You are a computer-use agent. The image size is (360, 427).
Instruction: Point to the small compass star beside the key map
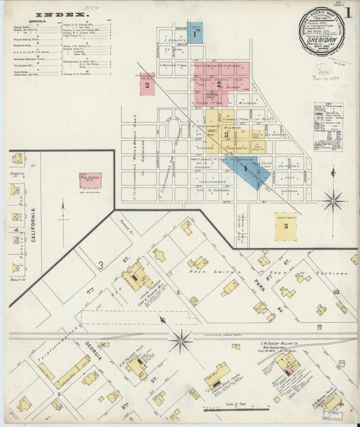point(332,201)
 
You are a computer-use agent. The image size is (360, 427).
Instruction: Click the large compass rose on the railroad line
point(181,340)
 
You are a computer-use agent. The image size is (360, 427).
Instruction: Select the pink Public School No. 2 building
point(90,180)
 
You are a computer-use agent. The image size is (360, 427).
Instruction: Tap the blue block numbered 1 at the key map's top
point(195,32)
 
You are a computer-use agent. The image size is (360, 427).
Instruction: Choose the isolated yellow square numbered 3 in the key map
point(286,226)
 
